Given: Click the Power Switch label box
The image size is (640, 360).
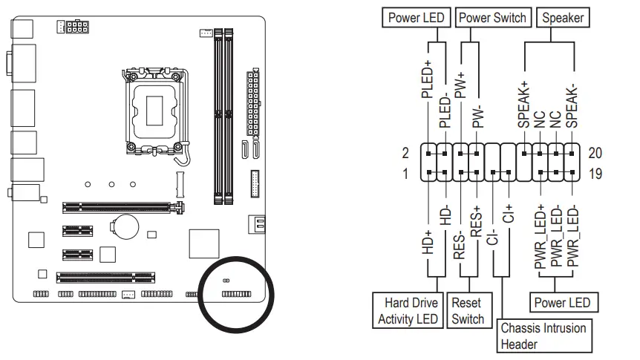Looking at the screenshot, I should (493, 18).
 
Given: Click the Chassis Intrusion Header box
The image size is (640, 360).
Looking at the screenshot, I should (543, 336).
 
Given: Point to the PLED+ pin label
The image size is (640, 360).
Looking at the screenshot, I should (427, 79).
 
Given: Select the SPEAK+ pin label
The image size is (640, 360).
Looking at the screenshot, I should (523, 104).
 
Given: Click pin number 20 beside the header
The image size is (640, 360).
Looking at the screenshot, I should (595, 154).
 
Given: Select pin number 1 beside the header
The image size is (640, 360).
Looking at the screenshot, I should (405, 174).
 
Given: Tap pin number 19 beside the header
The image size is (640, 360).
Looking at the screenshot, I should (595, 174).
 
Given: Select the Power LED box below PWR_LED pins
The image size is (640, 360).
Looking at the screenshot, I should (562, 303).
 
